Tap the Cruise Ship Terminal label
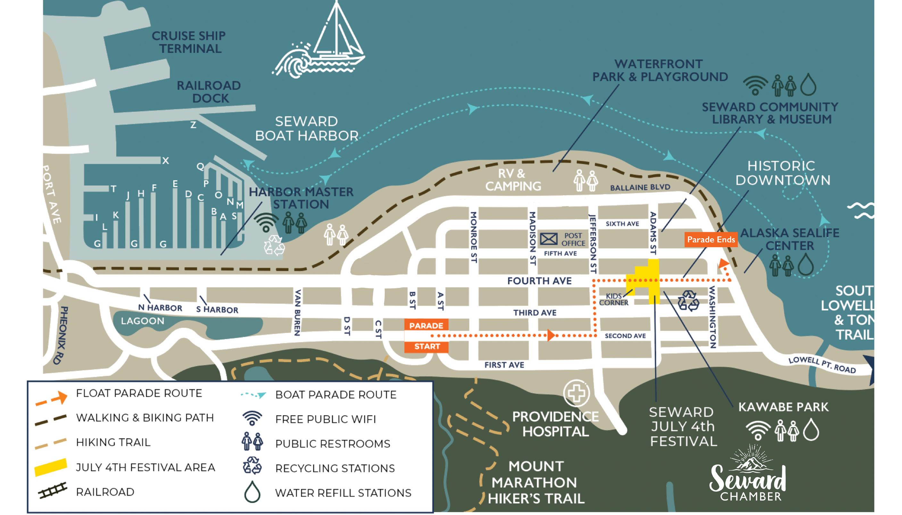(x=189, y=42)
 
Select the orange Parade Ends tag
(x=711, y=240)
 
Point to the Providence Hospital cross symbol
(x=576, y=393)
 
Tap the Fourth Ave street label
(x=539, y=281)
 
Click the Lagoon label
(x=143, y=321)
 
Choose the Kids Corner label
(x=614, y=299)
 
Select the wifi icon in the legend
(x=252, y=418)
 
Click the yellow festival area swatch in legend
(x=51, y=467)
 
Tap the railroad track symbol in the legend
(x=52, y=491)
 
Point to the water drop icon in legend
(x=252, y=492)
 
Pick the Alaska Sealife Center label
(x=790, y=239)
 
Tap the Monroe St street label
(x=474, y=237)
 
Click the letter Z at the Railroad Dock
(x=193, y=125)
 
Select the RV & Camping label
(x=513, y=180)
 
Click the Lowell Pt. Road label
(x=822, y=365)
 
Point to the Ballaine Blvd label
(x=640, y=187)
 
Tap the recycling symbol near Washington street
(x=688, y=301)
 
